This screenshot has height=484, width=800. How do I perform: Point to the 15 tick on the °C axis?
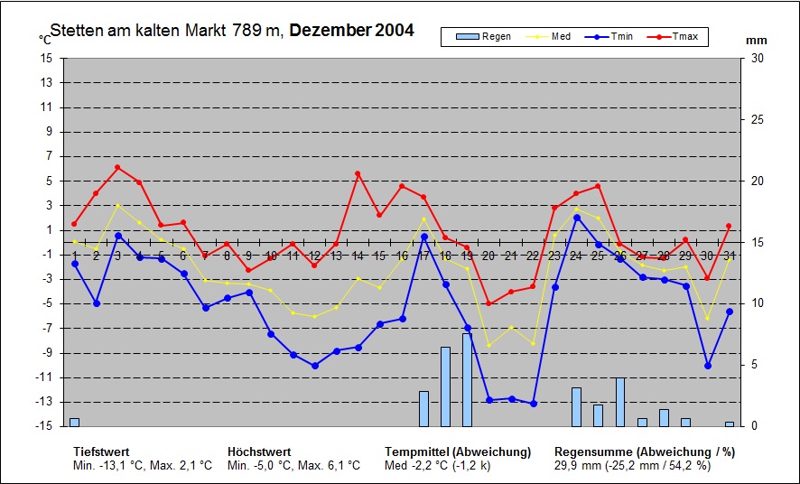click(x=46, y=58)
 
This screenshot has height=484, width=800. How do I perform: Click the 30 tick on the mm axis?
click(x=758, y=58)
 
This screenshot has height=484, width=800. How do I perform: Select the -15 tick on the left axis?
click(x=44, y=426)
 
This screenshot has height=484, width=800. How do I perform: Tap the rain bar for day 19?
click(x=467, y=380)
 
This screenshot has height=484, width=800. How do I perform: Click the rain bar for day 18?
click(x=445, y=386)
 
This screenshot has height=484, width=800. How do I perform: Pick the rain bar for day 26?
click(x=620, y=402)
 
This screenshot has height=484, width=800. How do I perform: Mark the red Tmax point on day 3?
click(x=117, y=167)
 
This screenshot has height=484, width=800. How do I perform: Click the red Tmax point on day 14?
click(x=358, y=173)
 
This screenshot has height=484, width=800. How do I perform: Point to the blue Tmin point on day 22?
click(x=533, y=403)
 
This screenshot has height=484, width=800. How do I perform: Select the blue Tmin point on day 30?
click(x=708, y=366)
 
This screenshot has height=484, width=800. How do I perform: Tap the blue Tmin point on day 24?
click(x=576, y=218)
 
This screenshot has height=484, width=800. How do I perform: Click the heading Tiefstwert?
click(x=102, y=451)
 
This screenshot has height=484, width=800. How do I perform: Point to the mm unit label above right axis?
click(x=757, y=41)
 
